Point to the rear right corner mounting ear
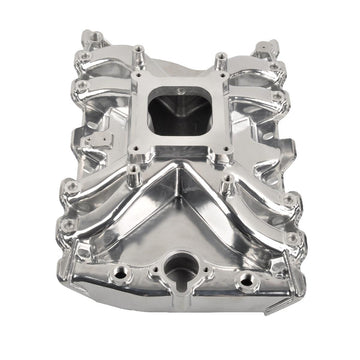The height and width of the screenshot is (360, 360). [268, 48]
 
